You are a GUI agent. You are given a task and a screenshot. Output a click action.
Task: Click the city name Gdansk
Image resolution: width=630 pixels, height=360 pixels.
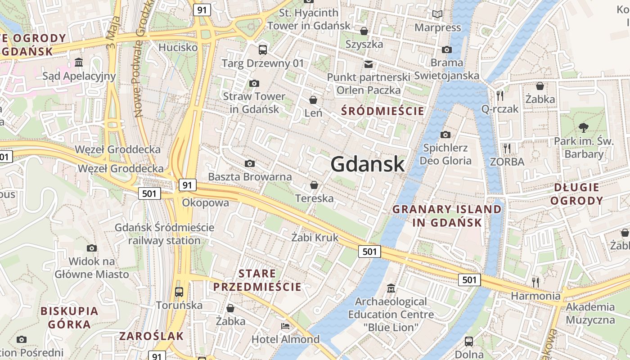click(368, 164)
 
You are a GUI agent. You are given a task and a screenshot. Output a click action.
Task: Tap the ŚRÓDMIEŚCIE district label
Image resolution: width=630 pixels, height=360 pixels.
click(383, 111)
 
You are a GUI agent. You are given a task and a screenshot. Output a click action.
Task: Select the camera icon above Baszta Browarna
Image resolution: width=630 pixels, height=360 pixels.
click(249, 163)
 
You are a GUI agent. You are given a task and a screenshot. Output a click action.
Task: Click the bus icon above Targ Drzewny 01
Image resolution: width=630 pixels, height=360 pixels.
click(263, 49)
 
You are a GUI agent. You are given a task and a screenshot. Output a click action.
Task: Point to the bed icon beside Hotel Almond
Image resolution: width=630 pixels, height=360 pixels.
click(285, 326)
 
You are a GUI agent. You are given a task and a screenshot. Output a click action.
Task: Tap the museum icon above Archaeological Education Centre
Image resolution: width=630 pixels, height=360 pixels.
click(391, 288)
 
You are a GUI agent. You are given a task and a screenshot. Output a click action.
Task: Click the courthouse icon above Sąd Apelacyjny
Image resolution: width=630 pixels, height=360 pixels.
click(79, 62)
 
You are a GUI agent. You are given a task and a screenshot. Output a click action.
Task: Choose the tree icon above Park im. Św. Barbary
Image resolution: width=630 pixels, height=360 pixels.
click(584, 127)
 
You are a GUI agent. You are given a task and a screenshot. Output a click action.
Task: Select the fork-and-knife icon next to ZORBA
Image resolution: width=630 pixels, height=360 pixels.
click(507, 148)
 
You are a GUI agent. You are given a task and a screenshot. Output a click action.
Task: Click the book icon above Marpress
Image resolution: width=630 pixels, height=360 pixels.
click(437, 14)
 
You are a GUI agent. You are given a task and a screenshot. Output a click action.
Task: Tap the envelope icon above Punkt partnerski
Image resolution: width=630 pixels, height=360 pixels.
click(369, 64)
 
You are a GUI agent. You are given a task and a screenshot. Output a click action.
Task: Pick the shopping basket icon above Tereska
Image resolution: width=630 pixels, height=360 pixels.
click(314, 185)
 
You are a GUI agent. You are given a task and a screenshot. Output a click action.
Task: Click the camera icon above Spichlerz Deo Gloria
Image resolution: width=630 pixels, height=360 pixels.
click(445, 135)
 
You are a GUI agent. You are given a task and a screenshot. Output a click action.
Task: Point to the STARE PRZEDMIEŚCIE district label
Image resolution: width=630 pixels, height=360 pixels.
click(257, 280)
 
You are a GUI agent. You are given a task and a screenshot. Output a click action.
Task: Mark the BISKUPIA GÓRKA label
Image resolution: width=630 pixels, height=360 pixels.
click(69, 317)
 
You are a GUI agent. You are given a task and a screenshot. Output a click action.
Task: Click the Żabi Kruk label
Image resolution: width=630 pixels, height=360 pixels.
click(315, 238)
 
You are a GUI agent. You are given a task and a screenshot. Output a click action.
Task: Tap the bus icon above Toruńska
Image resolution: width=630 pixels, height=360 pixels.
click(179, 292)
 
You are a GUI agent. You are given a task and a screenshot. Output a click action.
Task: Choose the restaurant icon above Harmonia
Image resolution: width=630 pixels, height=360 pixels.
click(535, 282)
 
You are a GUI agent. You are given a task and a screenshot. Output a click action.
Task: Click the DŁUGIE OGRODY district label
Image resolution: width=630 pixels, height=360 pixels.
click(576, 194)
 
